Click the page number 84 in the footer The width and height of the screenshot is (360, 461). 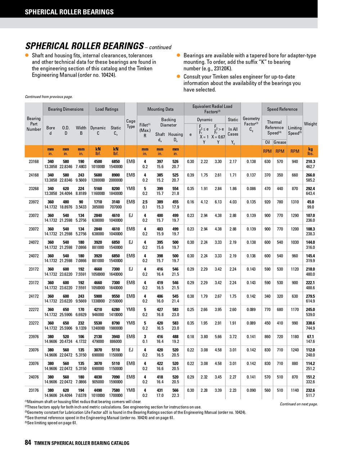point(28,443)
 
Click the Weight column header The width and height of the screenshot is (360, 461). point(310,124)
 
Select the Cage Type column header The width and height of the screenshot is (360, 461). point(131,124)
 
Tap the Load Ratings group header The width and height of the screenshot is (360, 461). point(107,109)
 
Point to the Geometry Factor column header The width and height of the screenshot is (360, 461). point(251,124)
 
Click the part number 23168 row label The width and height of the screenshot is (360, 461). point(34,162)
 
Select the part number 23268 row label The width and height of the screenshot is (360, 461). point(34,189)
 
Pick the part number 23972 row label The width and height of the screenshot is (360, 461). point(34,202)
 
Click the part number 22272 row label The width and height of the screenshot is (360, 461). point(34,310)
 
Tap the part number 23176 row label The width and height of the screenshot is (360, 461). point(34,390)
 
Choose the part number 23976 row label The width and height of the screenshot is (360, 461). point(34,337)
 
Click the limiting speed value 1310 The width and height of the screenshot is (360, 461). point(295,202)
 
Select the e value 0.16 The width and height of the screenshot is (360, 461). point(190,202)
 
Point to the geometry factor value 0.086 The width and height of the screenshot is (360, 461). point(251,189)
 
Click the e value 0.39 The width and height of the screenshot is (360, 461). point(190,175)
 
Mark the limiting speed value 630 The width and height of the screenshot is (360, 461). point(295,296)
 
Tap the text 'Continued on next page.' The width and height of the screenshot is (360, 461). point(299,404)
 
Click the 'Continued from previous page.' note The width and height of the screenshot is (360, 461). point(49,97)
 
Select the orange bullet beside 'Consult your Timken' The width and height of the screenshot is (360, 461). point(179,77)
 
